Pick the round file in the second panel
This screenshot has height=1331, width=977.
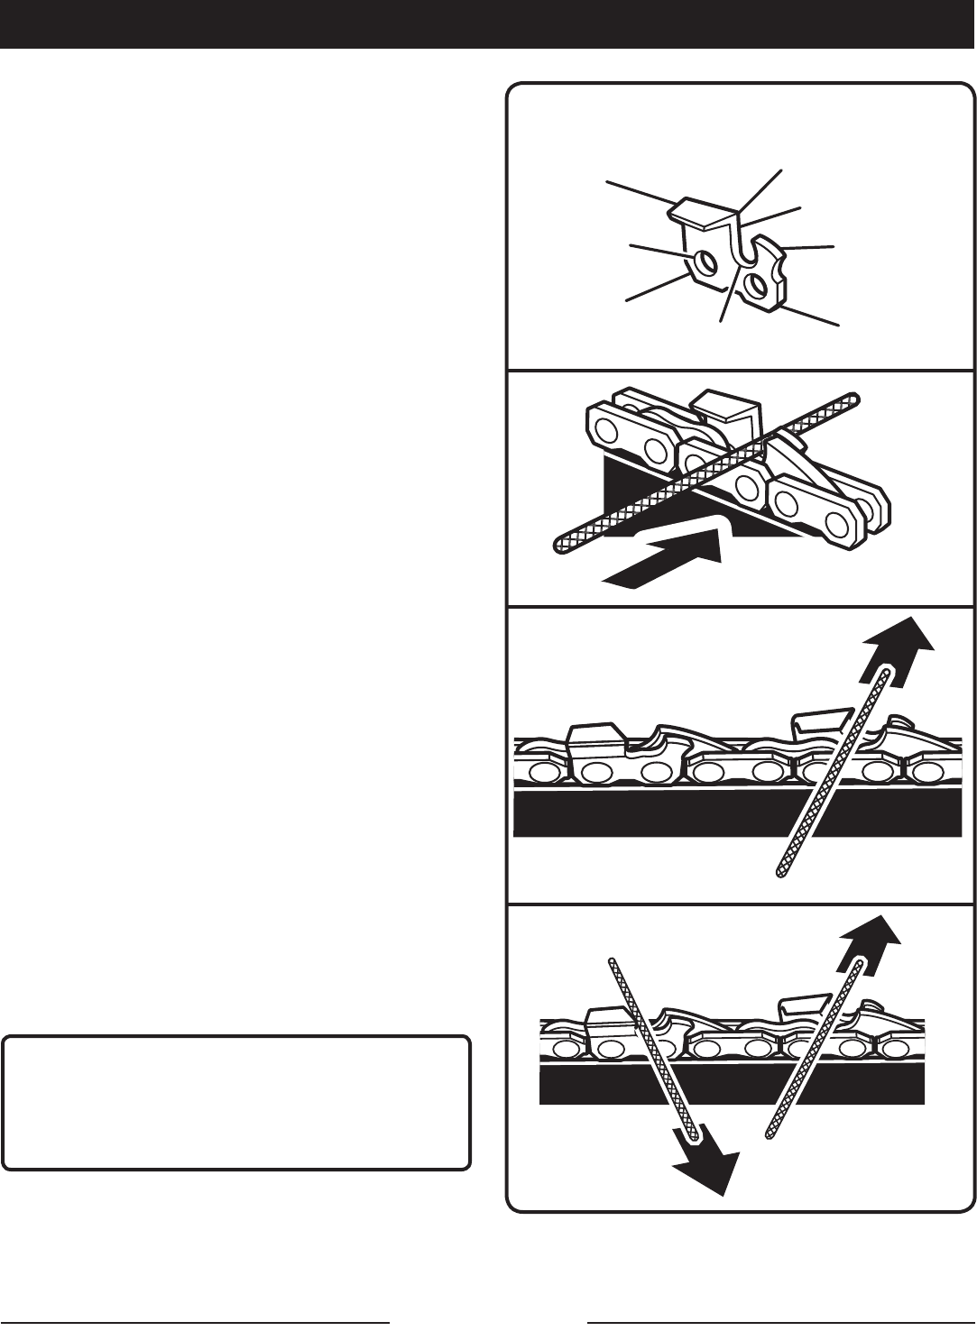pos(704,469)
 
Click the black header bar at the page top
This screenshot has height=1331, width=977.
pos(488,24)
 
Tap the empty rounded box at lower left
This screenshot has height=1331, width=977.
pos(236,1102)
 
